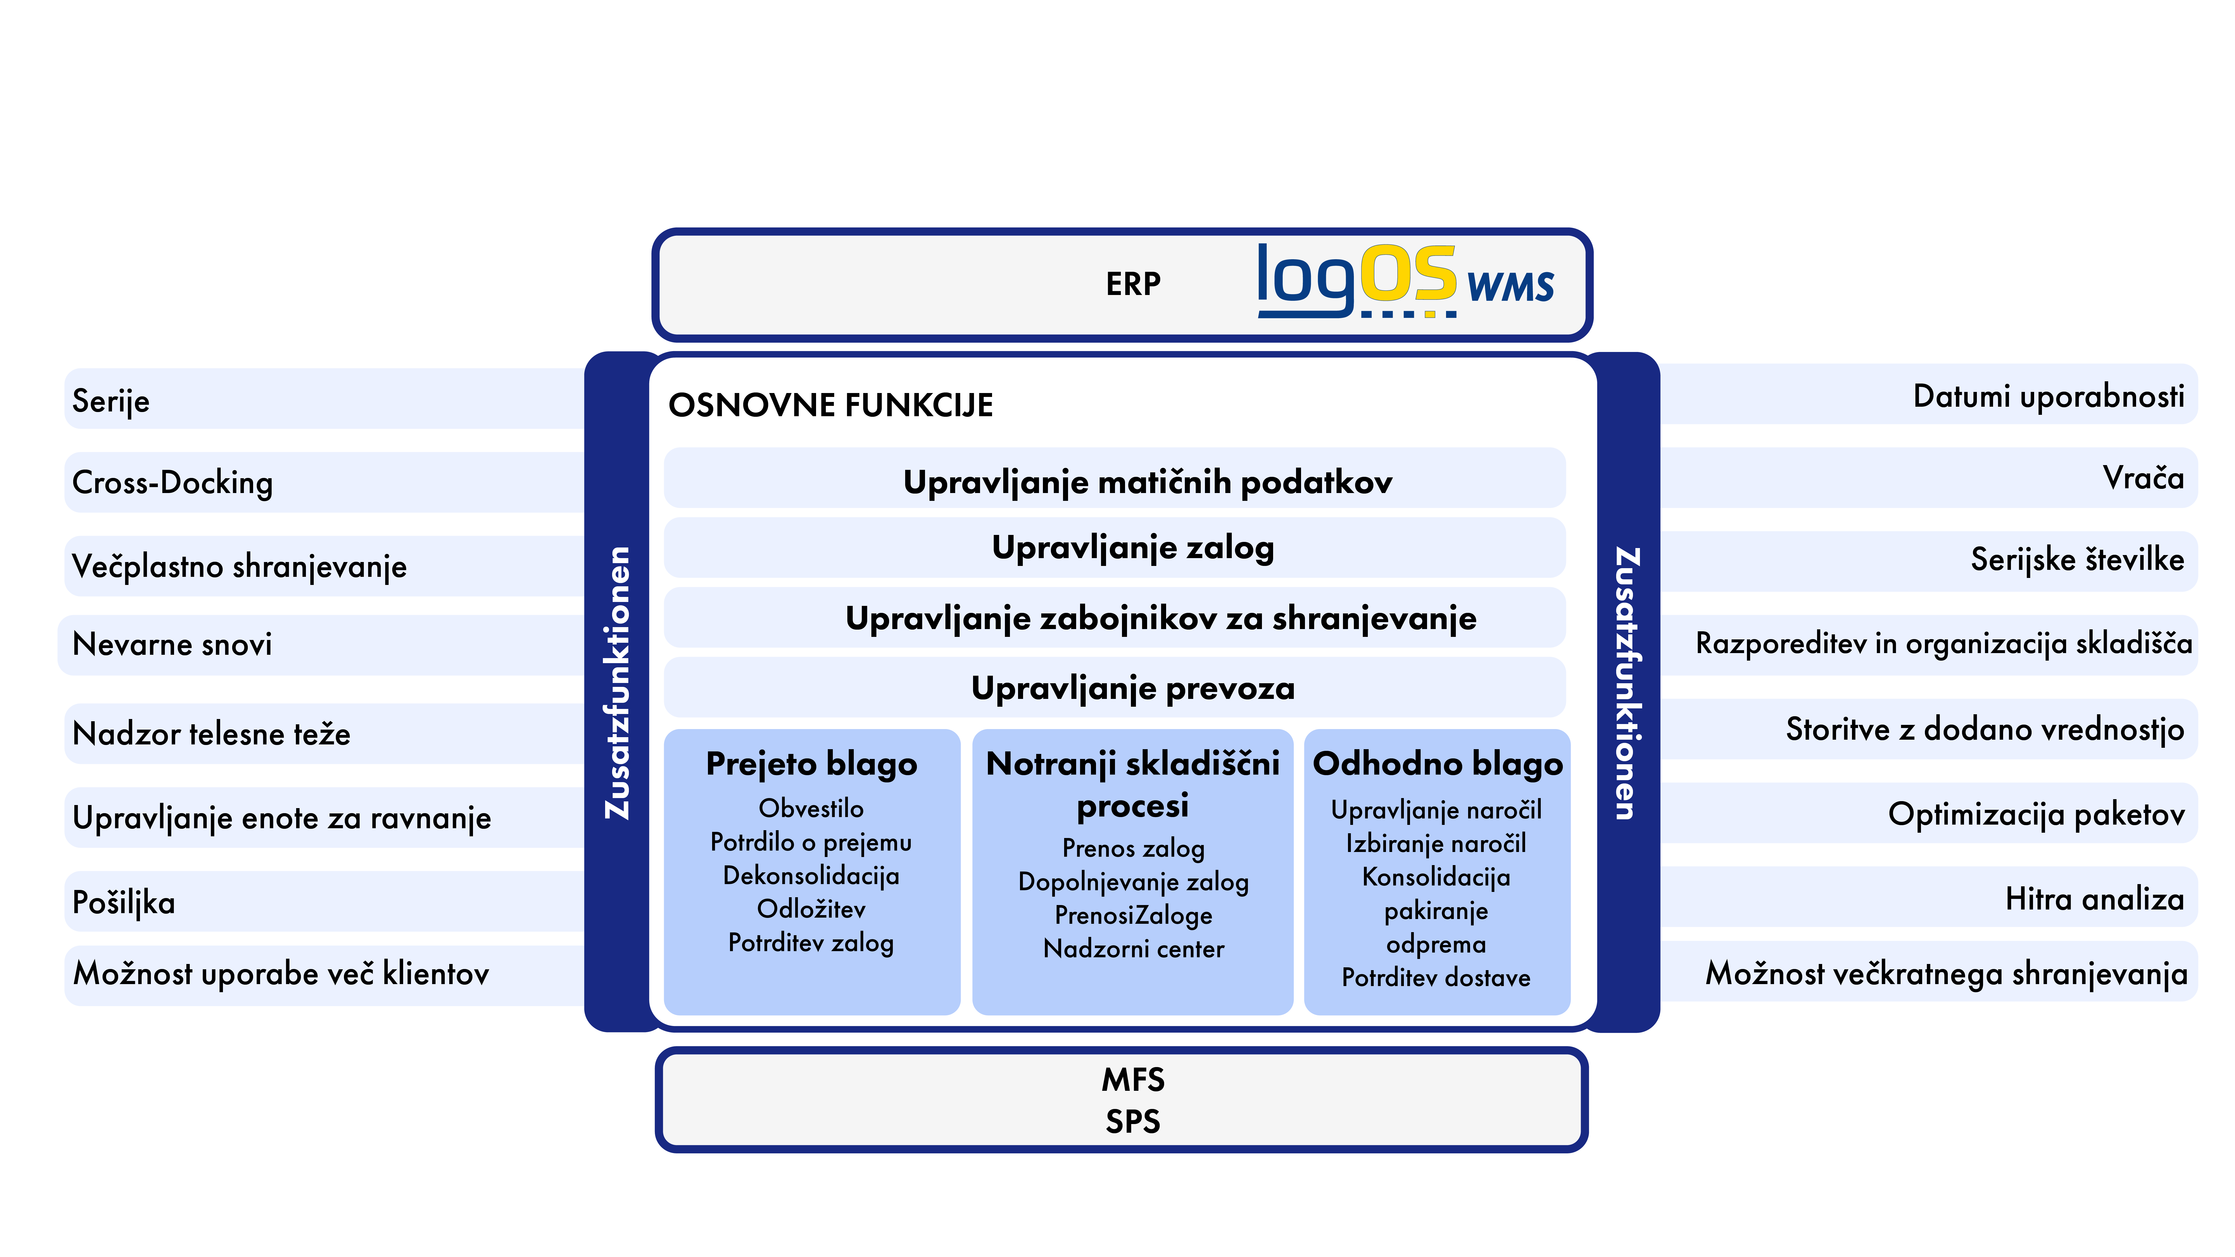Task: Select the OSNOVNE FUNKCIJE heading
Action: pyautogui.click(x=830, y=405)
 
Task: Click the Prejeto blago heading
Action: pyautogui.click(x=811, y=764)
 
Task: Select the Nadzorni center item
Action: pyautogui.click(x=1133, y=948)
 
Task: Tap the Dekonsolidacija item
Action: pyautogui.click(x=811, y=875)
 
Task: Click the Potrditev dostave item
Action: pyautogui.click(x=1436, y=978)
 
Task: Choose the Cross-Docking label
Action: pyautogui.click(x=173, y=482)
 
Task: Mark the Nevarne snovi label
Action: pyautogui.click(x=172, y=644)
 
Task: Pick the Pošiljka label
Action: pyautogui.click(x=123, y=902)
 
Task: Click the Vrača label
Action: pyautogui.click(x=2143, y=477)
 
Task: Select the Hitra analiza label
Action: pyautogui.click(x=2094, y=899)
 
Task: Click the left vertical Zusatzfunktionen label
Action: pyautogui.click(x=618, y=683)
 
